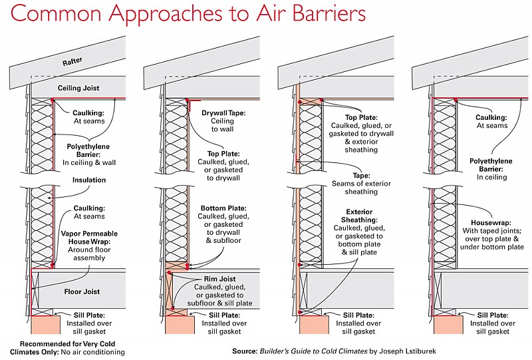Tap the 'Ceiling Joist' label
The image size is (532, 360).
(78, 88)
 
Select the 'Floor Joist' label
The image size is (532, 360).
(82, 291)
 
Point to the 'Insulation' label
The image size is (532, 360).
(89, 180)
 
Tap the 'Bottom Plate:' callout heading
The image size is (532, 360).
(225, 208)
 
